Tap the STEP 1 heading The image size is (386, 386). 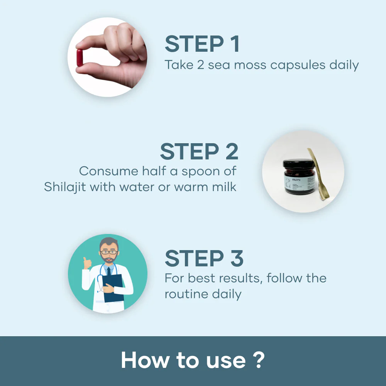(x=202, y=44)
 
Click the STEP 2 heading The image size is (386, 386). (x=199, y=151)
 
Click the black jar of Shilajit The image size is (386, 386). (x=296, y=179)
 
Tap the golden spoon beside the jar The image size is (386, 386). (x=317, y=173)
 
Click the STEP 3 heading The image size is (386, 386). (x=204, y=258)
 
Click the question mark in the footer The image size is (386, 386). (x=260, y=360)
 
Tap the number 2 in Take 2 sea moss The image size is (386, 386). (x=200, y=65)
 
